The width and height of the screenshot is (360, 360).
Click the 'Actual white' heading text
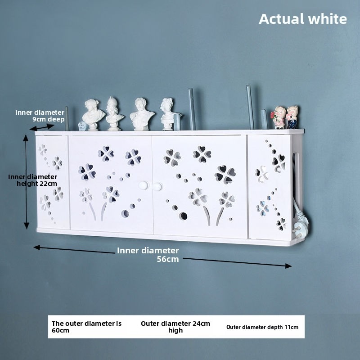coord(302,19)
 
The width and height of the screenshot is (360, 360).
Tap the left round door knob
coord(144,185)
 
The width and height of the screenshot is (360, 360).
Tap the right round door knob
coord(157,186)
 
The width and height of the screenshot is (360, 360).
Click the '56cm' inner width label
coord(167,259)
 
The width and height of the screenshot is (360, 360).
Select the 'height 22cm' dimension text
coord(37,184)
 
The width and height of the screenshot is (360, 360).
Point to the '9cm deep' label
coord(49,119)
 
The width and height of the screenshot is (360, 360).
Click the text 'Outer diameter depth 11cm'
coord(262,327)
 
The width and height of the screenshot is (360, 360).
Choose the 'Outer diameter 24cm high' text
coord(175,327)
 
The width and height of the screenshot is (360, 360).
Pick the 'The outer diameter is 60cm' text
coord(86,327)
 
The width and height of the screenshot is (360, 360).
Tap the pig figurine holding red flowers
coord(279,117)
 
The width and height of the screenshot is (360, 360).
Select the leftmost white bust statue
coord(93,115)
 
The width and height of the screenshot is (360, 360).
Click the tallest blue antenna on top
coord(250,107)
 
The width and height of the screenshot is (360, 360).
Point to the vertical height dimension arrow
coord(26,182)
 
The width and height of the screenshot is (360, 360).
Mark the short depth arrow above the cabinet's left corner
coord(42,127)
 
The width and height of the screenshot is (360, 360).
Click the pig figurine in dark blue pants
coord(292,117)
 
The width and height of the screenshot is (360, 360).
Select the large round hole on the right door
coord(183,216)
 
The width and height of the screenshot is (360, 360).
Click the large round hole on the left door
coord(125,213)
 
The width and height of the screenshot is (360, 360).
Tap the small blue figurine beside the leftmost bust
coord(82,126)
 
